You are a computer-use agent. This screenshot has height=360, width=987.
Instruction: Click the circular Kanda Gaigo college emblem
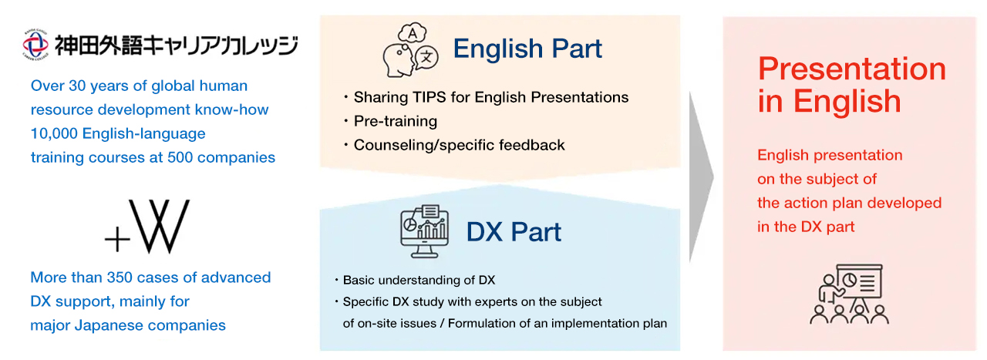tap(35, 44)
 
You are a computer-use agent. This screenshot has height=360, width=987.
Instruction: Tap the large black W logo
tap(159, 227)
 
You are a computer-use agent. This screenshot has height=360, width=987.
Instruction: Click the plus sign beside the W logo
tap(117, 239)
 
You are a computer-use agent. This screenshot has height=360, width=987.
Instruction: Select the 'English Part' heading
tap(527, 48)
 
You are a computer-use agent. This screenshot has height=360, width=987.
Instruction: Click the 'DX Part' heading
tap(514, 231)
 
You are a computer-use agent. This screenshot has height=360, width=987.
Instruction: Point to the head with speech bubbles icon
tap(410, 50)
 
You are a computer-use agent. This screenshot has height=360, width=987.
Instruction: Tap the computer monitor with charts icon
tap(424, 231)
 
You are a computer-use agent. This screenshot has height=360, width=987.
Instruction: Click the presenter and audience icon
tap(849, 294)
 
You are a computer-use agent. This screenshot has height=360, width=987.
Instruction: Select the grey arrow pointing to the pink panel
tap(701, 177)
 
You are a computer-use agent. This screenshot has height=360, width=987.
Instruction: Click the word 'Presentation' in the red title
tap(852, 69)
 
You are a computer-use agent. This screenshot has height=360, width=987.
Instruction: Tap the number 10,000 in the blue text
tap(54, 133)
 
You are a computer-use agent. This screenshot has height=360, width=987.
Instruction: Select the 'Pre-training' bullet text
tap(396, 121)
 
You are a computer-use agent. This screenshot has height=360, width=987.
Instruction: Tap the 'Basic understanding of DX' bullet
tap(419, 281)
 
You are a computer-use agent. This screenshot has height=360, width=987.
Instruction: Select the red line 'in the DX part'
tap(806, 227)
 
